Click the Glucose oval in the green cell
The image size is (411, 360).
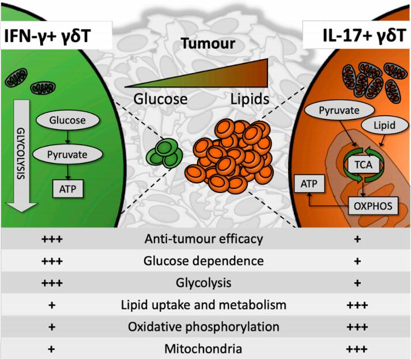[69, 120]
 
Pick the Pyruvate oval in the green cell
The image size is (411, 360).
[69, 154]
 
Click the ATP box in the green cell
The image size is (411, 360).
[69, 187]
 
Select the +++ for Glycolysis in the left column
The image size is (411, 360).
[52, 282]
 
